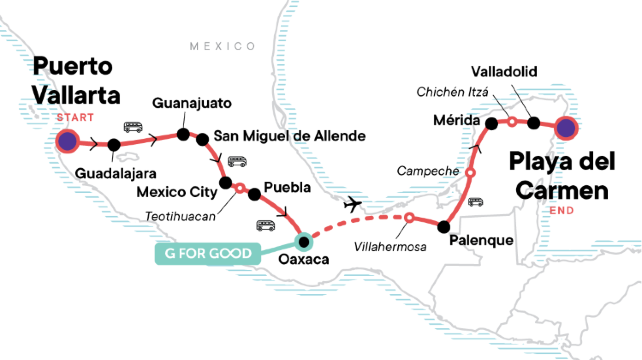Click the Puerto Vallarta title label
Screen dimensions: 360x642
point(77,81)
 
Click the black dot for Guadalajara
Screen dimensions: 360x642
point(113,145)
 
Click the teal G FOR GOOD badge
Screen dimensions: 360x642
point(206,252)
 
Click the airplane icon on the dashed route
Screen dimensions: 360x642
point(352,203)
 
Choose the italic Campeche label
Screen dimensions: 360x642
point(427,171)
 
